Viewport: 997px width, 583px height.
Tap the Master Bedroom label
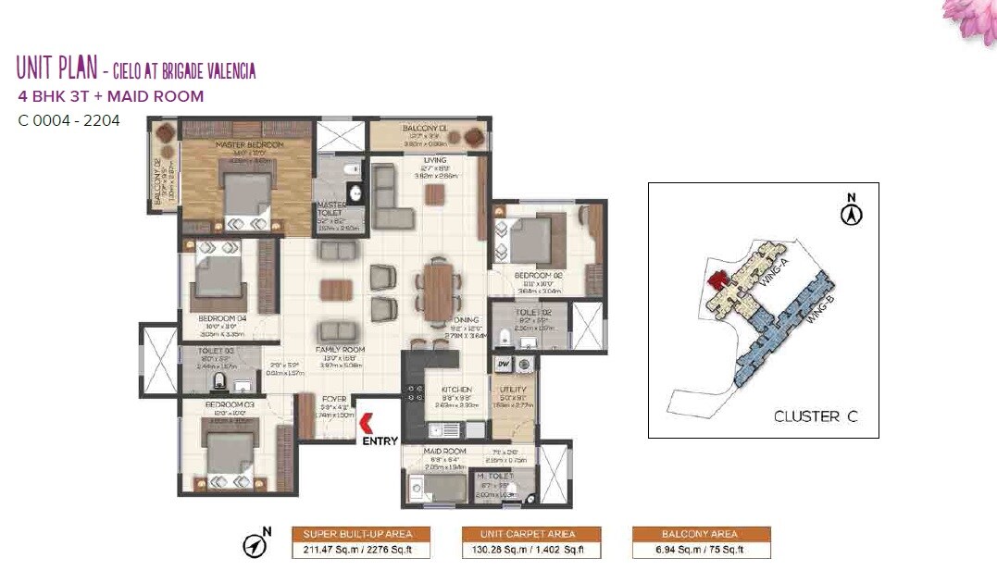coord(249,146)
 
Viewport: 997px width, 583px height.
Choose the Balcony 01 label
coord(425,129)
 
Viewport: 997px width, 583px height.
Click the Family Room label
coord(342,350)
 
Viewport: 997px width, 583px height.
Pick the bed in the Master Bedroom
coord(247,193)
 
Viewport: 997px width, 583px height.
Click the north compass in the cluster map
coord(852,213)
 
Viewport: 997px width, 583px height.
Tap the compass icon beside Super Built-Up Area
coord(255,545)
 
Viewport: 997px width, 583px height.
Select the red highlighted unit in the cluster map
coord(715,279)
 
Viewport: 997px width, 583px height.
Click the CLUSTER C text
coord(816,416)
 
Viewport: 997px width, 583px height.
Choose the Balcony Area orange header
coord(701,534)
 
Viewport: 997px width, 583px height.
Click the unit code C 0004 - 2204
coord(69,120)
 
